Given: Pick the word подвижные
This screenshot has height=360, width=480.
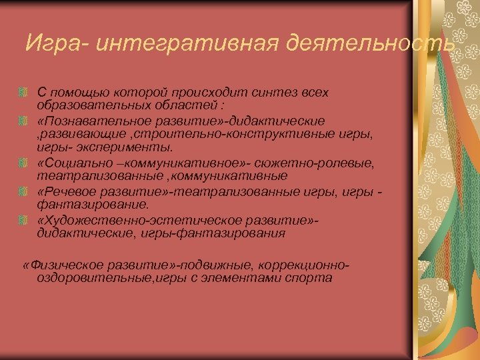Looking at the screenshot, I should click(207, 265).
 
